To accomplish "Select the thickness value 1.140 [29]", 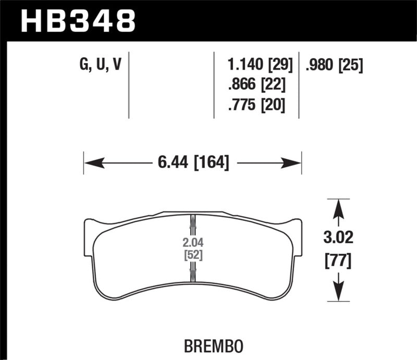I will [260, 65].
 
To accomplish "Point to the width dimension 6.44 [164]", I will [193, 163].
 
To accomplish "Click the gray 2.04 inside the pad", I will [192, 242].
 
